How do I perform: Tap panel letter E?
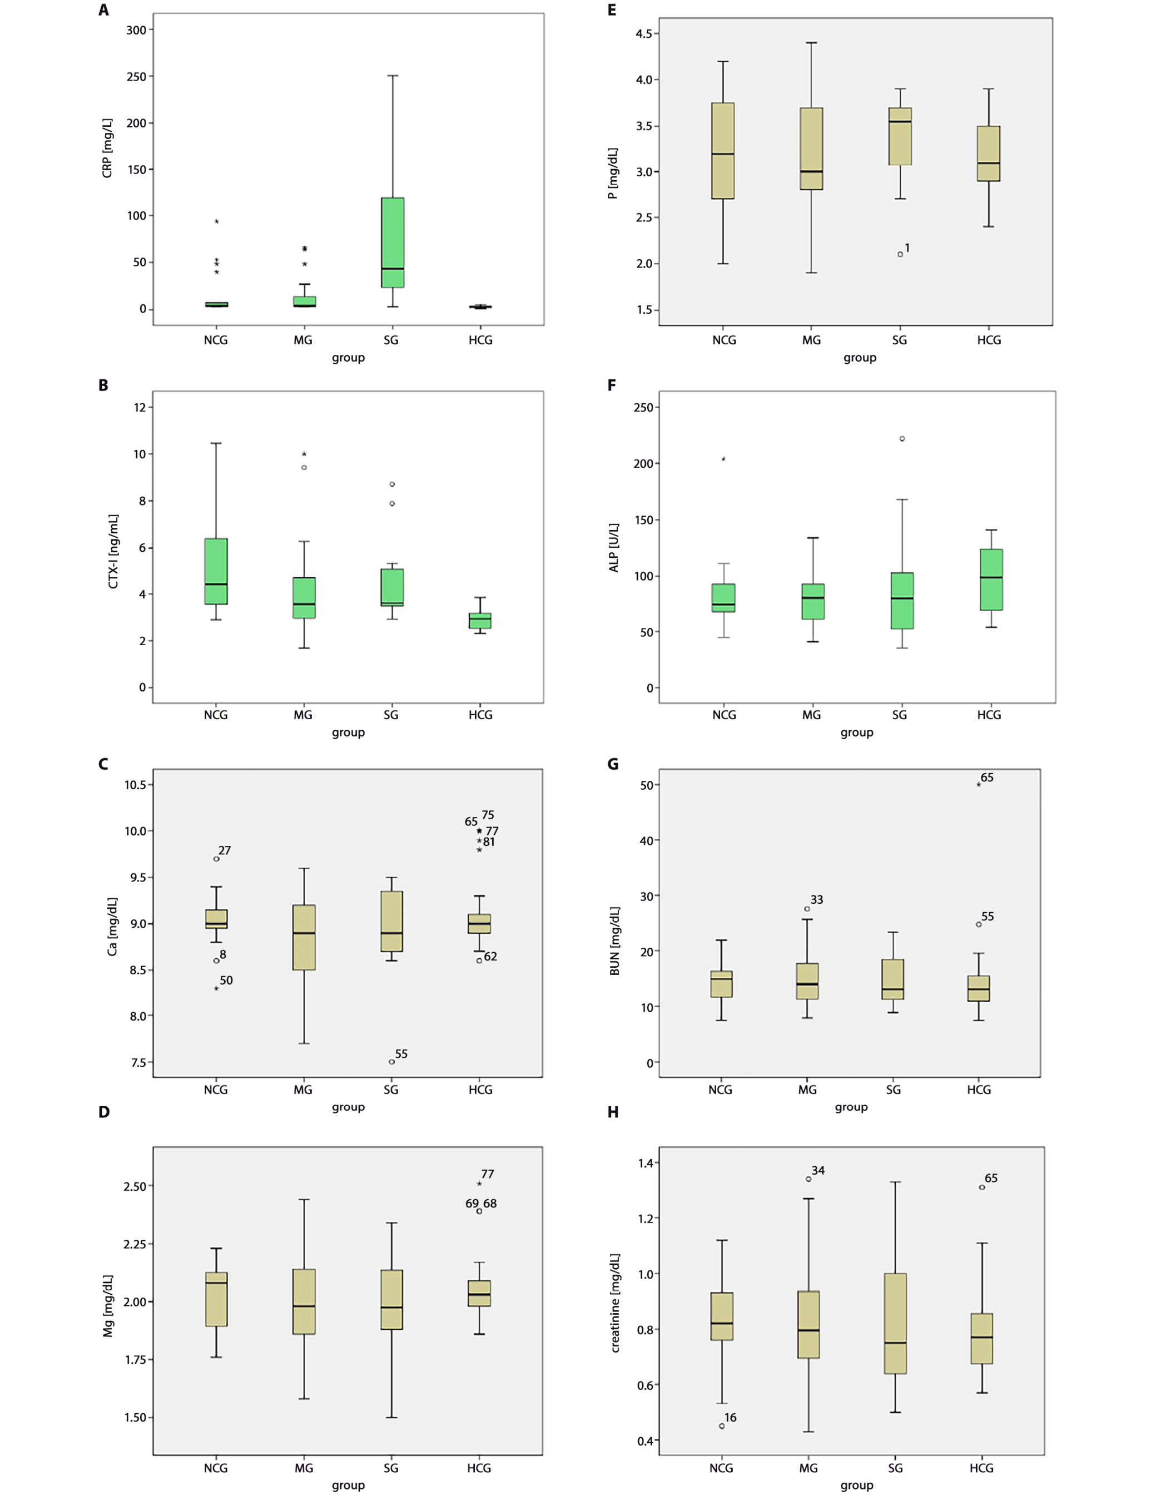[612, 10]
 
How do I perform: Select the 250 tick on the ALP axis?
[643, 407]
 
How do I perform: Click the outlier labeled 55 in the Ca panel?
[391, 1062]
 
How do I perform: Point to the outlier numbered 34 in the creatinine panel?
[808, 1179]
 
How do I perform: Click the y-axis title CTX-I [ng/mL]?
[113, 551]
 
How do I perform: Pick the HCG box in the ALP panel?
[991, 579]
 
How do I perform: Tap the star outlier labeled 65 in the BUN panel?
[979, 784]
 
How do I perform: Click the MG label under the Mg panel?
[304, 1468]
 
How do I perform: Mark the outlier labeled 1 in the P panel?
[900, 254]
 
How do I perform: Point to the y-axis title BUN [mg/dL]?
[614, 940]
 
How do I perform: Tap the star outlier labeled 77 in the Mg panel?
[479, 1184]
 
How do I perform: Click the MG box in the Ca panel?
[304, 937]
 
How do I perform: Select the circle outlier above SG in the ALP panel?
[902, 439]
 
